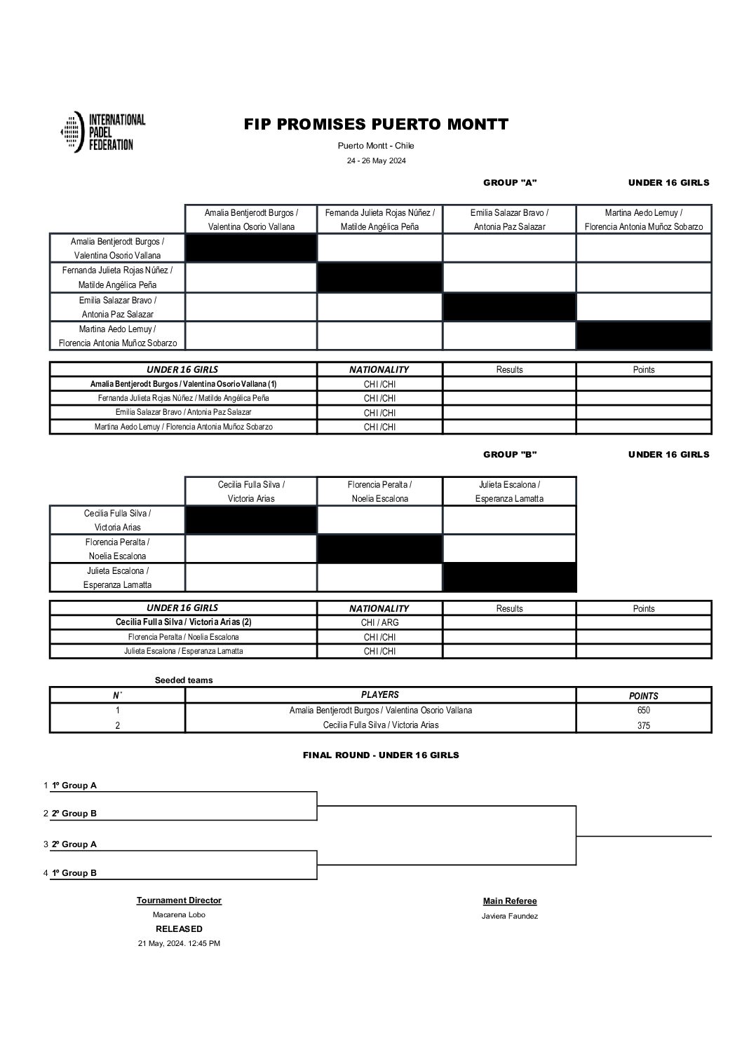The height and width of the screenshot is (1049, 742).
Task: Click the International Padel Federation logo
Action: (x=103, y=132)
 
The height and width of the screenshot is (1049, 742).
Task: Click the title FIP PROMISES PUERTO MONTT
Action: (x=376, y=125)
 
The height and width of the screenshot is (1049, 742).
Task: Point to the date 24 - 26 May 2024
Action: (x=376, y=160)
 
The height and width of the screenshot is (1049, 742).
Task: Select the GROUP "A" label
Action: (x=510, y=183)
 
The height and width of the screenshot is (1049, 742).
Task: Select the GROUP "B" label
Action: (x=510, y=455)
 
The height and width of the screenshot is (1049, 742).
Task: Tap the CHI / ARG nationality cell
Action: (x=379, y=622)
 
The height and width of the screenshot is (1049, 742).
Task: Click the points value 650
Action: (x=643, y=711)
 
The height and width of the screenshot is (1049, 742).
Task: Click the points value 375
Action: (x=643, y=726)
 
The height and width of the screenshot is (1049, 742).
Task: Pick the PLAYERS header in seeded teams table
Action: (x=379, y=695)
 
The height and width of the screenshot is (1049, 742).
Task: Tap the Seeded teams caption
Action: (x=184, y=680)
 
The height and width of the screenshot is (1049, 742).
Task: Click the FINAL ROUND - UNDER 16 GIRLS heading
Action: (x=381, y=755)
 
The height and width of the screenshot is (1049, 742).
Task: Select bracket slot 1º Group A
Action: (x=74, y=786)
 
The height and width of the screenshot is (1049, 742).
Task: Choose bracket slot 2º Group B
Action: (x=74, y=814)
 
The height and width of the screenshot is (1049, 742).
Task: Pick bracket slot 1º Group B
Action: (x=74, y=873)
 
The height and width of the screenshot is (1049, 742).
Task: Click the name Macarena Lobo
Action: (x=179, y=914)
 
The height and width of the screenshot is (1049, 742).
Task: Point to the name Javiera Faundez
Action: (x=510, y=916)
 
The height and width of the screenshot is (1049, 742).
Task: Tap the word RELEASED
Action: (x=179, y=929)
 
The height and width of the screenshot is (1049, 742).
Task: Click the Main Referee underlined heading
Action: (x=510, y=901)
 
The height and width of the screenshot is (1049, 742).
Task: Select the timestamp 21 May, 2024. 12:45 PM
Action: (x=179, y=944)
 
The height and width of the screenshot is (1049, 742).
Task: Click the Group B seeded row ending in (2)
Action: (x=183, y=622)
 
